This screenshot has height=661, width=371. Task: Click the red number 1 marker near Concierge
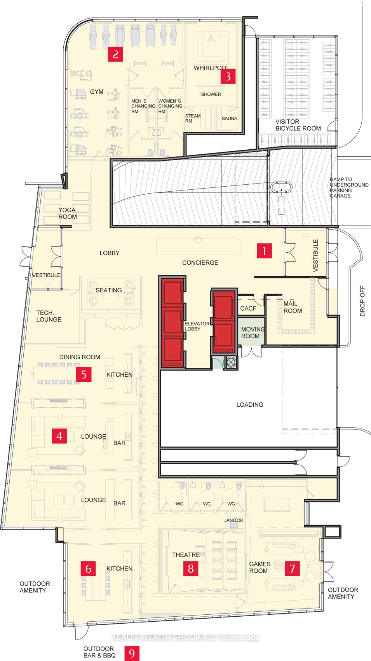(264, 251)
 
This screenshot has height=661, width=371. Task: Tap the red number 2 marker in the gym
(115, 54)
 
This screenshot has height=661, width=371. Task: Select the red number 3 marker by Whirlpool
(228, 76)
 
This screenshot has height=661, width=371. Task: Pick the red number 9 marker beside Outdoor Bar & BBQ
(132, 654)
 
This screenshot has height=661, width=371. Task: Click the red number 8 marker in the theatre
(190, 569)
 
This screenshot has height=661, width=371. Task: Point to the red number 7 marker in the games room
(292, 569)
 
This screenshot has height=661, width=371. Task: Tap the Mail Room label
(293, 307)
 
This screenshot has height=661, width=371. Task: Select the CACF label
(248, 308)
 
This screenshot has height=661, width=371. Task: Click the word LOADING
(250, 405)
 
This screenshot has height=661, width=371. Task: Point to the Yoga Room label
(68, 213)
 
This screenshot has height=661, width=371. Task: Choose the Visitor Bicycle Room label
(298, 125)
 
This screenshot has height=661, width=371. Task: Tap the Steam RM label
(193, 118)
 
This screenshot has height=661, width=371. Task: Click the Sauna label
(229, 118)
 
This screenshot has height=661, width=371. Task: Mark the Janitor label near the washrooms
(233, 520)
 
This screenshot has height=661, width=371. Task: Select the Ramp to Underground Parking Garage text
(349, 188)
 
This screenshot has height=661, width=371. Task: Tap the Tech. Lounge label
(49, 316)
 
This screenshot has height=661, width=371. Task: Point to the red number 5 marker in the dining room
(84, 374)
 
